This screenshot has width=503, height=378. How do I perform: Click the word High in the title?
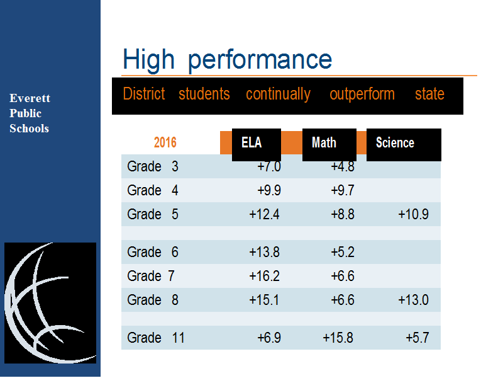pyautogui.click(x=148, y=59)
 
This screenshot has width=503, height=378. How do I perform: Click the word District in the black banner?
pyautogui.click(x=144, y=94)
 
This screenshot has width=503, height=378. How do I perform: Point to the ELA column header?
pyautogui.click(x=251, y=142)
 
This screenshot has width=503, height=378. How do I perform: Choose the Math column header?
pyautogui.click(x=324, y=142)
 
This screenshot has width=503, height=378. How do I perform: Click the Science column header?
pyautogui.click(x=395, y=142)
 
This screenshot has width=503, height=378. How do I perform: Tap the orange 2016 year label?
pyautogui.click(x=165, y=142)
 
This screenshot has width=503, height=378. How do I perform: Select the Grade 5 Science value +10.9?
pyautogui.click(x=413, y=214)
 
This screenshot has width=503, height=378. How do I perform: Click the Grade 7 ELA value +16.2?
pyautogui.click(x=264, y=276)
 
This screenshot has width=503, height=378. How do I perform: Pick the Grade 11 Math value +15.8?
pyautogui.click(x=338, y=338)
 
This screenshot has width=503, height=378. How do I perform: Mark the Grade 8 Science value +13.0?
pyautogui.click(x=413, y=301)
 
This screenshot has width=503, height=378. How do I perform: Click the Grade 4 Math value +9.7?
pyautogui.click(x=343, y=190)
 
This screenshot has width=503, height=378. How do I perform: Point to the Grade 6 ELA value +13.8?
pyautogui.click(x=264, y=253)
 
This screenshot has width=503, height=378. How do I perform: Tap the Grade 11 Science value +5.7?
pyautogui.click(x=417, y=338)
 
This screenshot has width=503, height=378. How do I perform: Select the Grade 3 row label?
pyautogui.click(x=153, y=166)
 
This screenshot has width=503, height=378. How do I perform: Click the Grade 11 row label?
pyautogui.click(x=156, y=338)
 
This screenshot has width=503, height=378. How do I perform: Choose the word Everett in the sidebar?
pyautogui.click(x=30, y=98)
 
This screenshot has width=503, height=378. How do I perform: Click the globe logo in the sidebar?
pyautogui.click(x=50, y=303)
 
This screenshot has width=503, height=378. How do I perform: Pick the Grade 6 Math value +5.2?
pyautogui.click(x=343, y=253)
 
